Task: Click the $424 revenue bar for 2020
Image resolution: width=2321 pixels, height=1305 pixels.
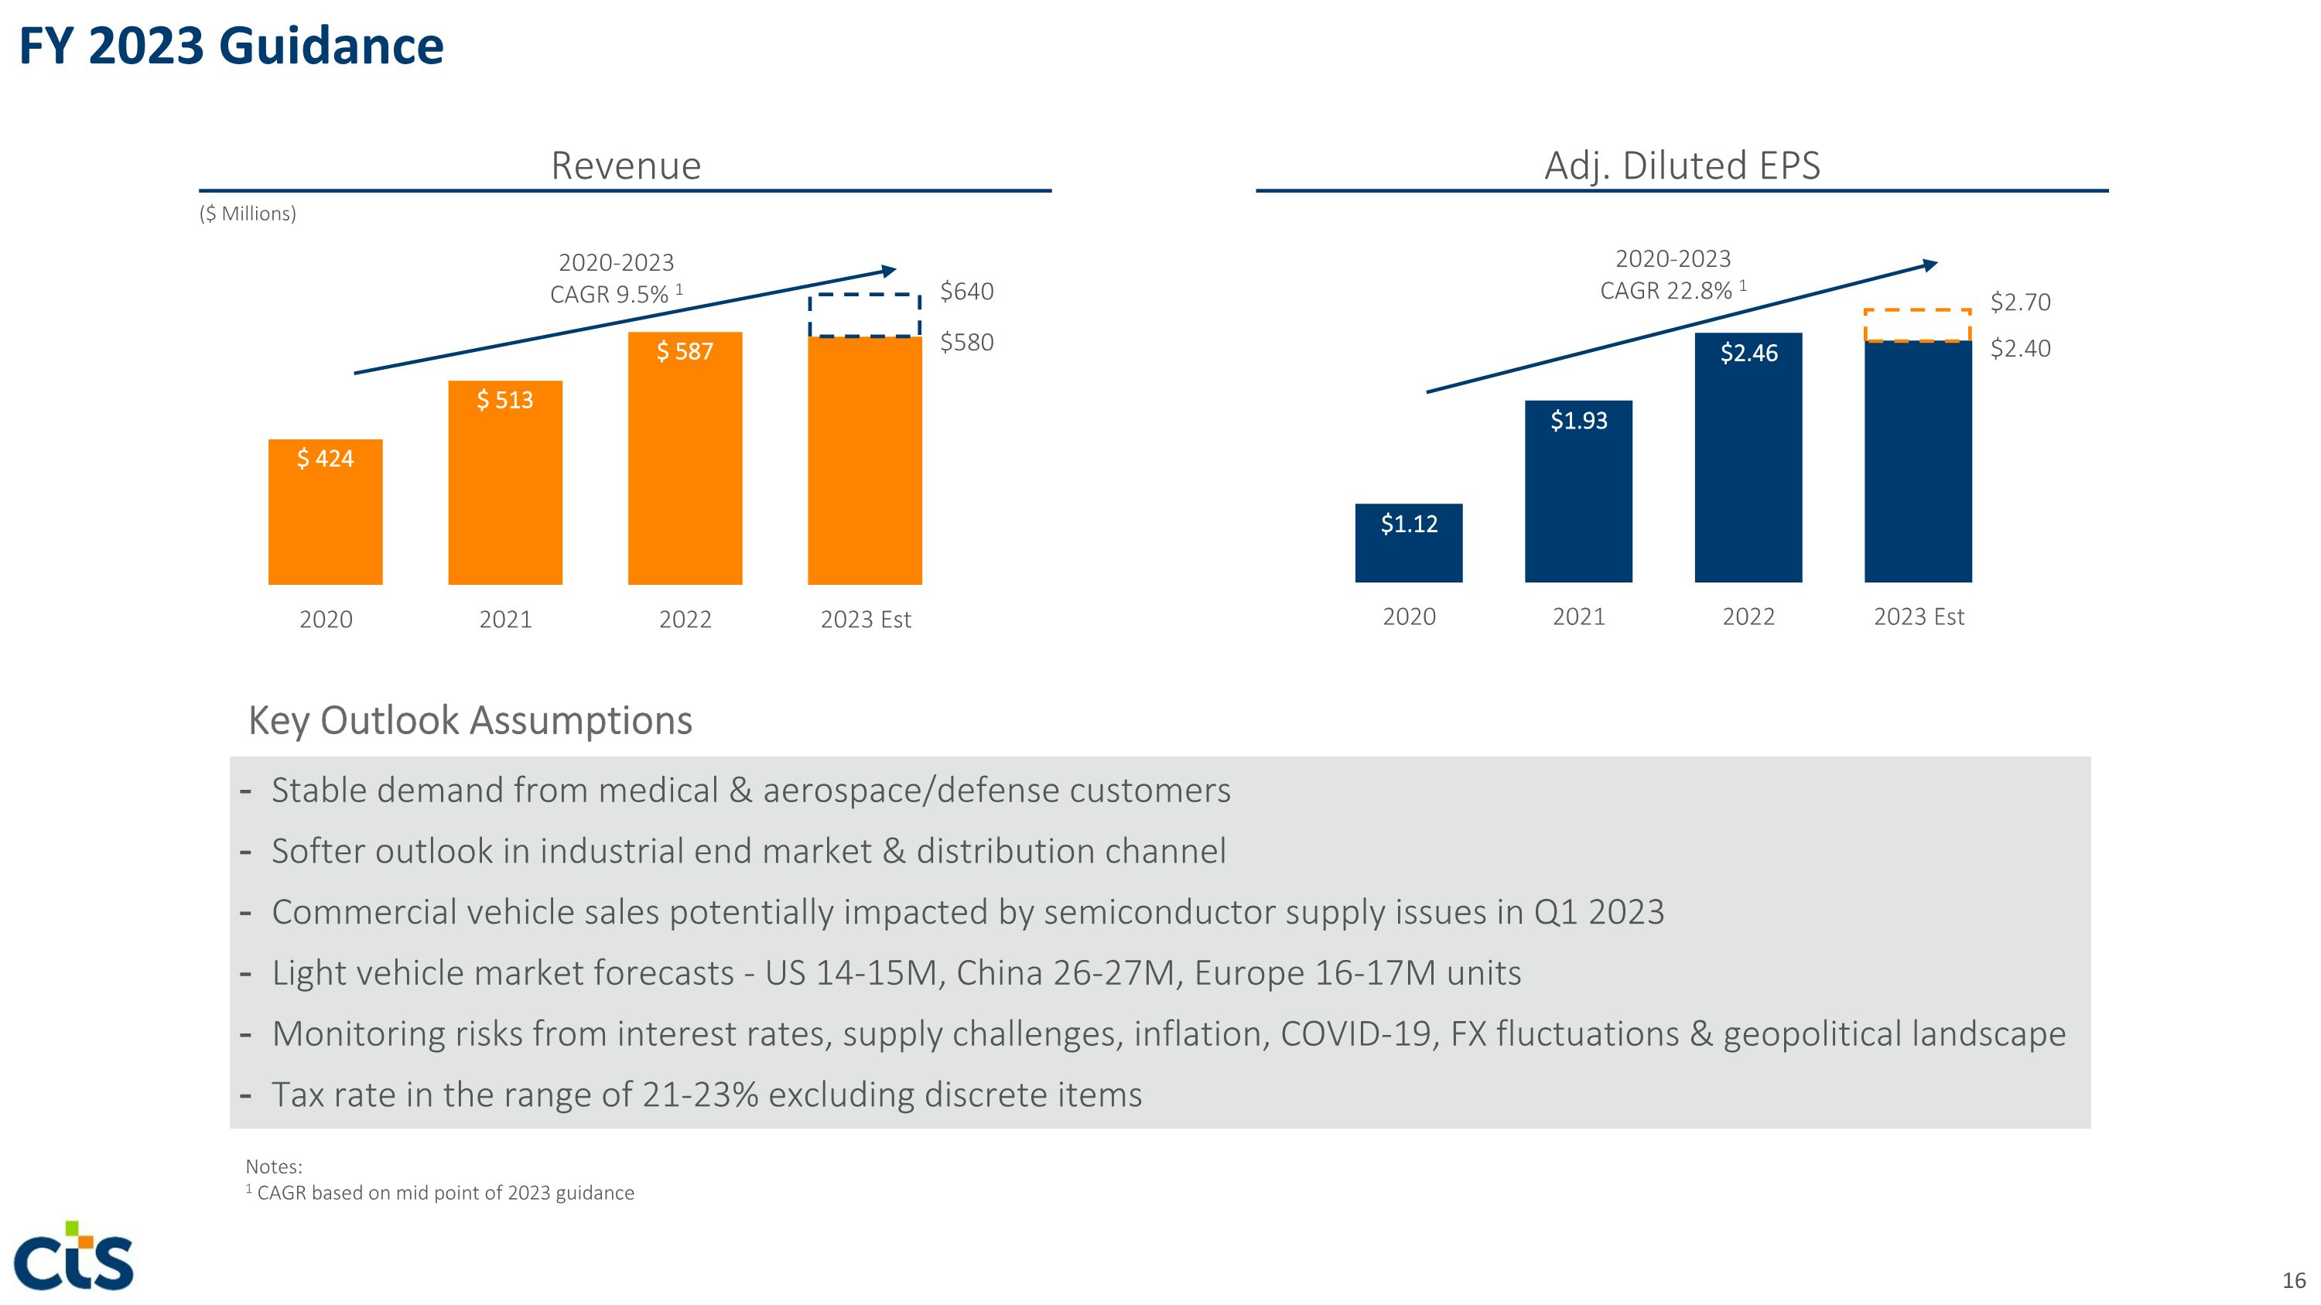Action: click(325, 511)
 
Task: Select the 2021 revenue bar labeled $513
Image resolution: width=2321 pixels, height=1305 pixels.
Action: click(504, 483)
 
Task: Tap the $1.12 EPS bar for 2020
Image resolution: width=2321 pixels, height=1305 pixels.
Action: click(1408, 543)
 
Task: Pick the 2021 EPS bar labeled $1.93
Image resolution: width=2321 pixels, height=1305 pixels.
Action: click(1578, 491)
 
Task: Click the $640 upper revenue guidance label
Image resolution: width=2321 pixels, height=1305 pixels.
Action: click(967, 292)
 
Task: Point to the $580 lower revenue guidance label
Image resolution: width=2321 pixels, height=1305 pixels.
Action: click(967, 342)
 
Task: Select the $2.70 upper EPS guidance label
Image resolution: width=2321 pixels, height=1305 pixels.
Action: click(2020, 302)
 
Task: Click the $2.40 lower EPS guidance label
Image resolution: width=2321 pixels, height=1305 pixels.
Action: click(2020, 349)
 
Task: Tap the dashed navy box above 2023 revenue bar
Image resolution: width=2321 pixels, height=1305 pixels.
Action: click(864, 315)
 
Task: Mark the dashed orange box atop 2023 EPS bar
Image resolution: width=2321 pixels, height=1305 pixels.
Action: click(1917, 326)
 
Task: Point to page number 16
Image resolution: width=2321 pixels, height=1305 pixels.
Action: click(2293, 1279)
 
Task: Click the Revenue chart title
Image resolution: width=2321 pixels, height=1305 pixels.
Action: click(625, 166)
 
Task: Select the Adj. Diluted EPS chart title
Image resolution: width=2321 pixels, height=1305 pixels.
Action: click(1682, 166)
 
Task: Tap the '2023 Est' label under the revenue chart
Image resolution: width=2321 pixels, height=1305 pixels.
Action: click(865, 620)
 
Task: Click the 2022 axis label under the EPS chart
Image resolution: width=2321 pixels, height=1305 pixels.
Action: click(1748, 617)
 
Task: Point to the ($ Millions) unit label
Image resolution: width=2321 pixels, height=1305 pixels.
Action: click(248, 214)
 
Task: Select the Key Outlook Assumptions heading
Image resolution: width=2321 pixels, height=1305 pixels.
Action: click(470, 720)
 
